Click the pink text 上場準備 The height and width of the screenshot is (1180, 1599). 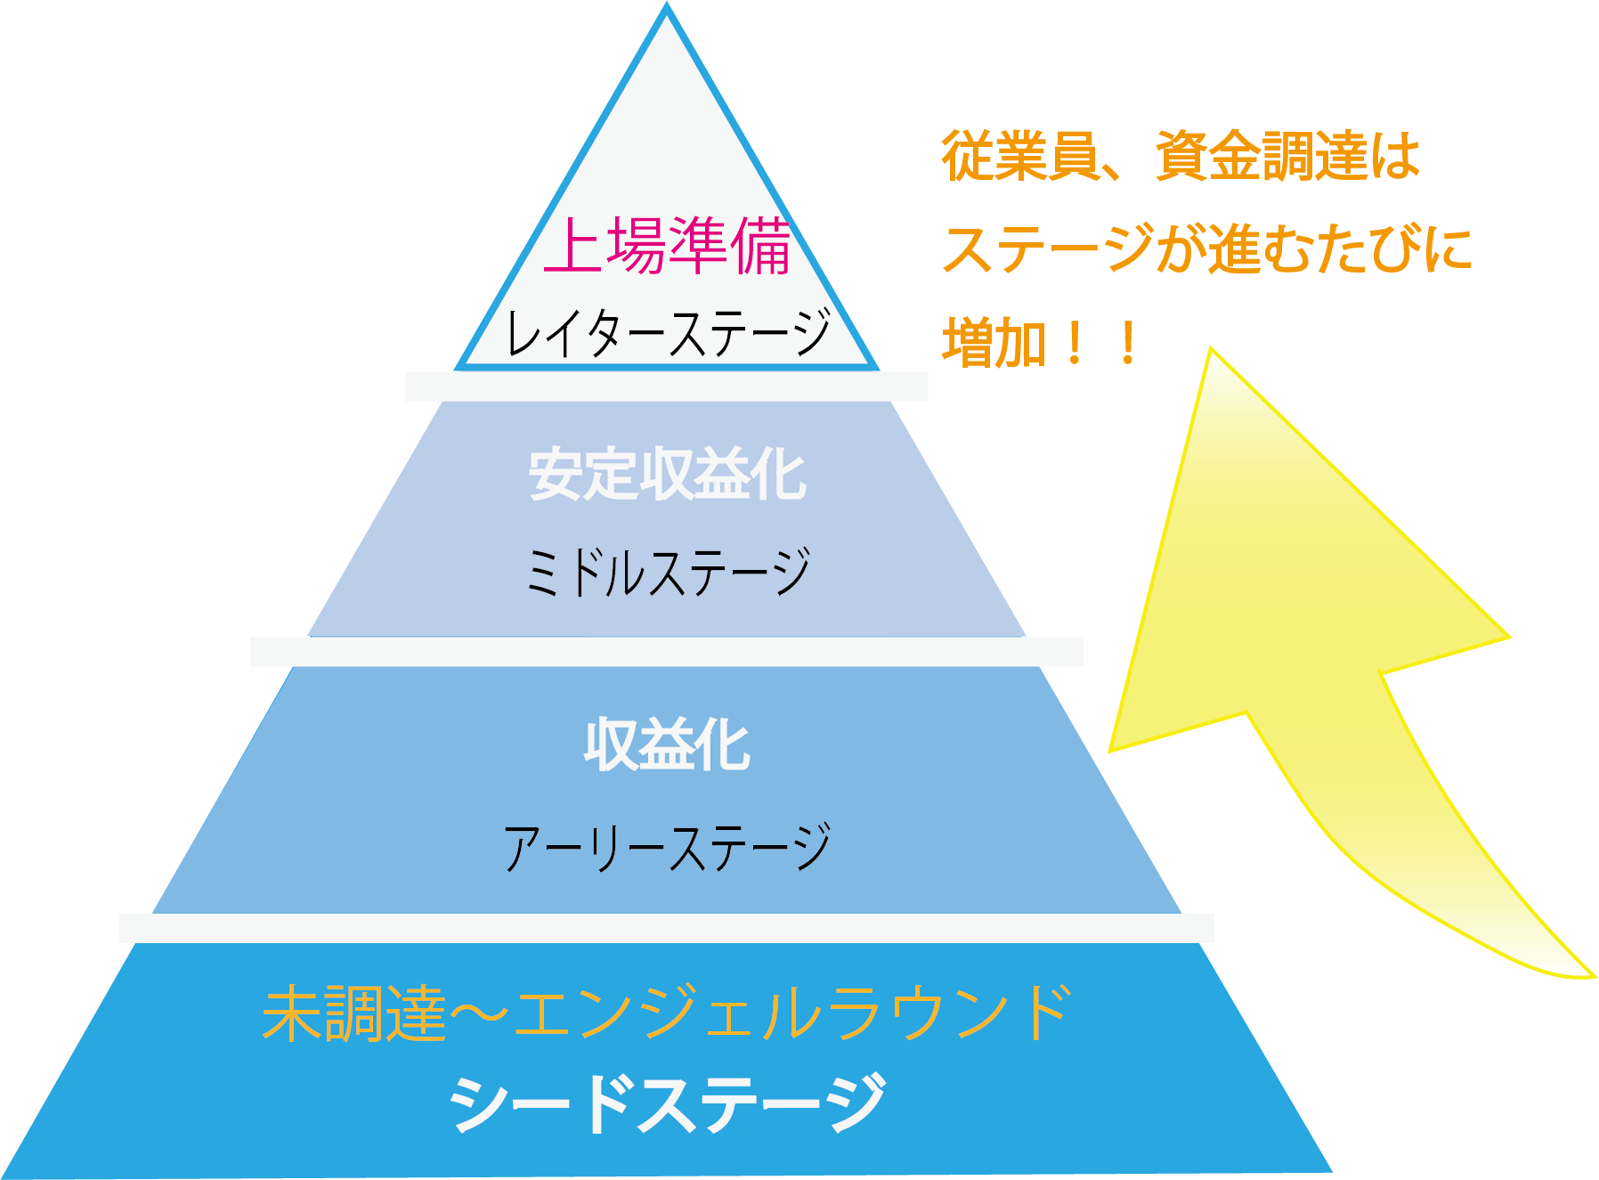tap(667, 246)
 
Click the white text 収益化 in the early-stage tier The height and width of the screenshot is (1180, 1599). tap(667, 745)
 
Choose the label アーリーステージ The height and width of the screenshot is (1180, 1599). tap(667, 847)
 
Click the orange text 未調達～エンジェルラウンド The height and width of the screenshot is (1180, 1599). tap(667, 1013)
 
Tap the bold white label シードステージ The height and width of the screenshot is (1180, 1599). tap(667, 1103)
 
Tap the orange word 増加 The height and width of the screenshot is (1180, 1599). tap(994, 344)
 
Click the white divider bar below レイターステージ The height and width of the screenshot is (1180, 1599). tap(666, 387)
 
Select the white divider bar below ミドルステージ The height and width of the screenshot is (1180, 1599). tap(666, 652)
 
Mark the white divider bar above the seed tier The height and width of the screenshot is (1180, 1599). tap(666, 928)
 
